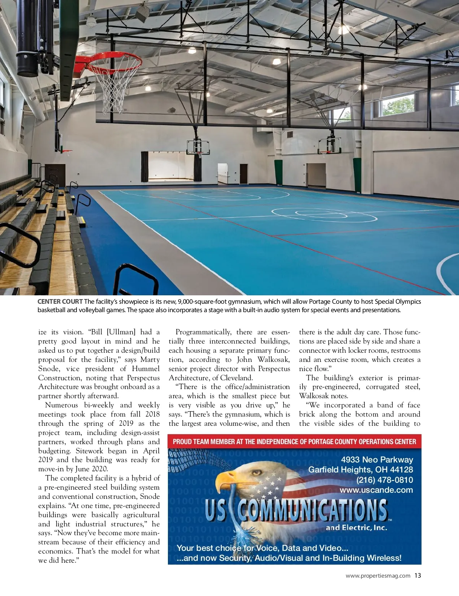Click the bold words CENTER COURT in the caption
[x=60, y=301]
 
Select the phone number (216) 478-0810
[x=384, y=480]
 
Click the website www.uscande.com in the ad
[x=376, y=490]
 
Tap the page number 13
[x=417, y=575]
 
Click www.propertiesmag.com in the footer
[x=378, y=576]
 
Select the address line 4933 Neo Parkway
[x=377, y=459]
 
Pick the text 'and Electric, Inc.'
[x=356, y=528]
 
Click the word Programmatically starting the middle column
[x=203, y=332]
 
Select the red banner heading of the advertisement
[x=294, y=441]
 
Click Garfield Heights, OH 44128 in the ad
[x=360, y=469]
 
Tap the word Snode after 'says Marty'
[x=49, y=369]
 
